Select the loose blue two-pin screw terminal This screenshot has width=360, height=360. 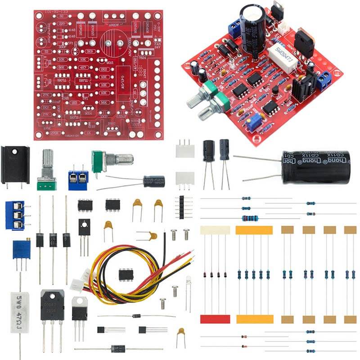point(78,180)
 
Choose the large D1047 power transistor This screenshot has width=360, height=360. point(52,305)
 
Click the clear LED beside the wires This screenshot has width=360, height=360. point(188,281)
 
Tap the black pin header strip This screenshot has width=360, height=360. point(182,207)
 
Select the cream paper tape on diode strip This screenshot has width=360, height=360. point(215,230)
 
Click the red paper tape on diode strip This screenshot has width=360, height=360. point(215,319)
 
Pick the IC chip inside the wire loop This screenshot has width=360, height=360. point(127,274)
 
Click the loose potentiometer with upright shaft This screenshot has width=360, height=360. point(47,171)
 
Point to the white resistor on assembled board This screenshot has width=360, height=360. point(281,54)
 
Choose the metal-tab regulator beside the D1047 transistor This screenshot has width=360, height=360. point(80,308)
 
